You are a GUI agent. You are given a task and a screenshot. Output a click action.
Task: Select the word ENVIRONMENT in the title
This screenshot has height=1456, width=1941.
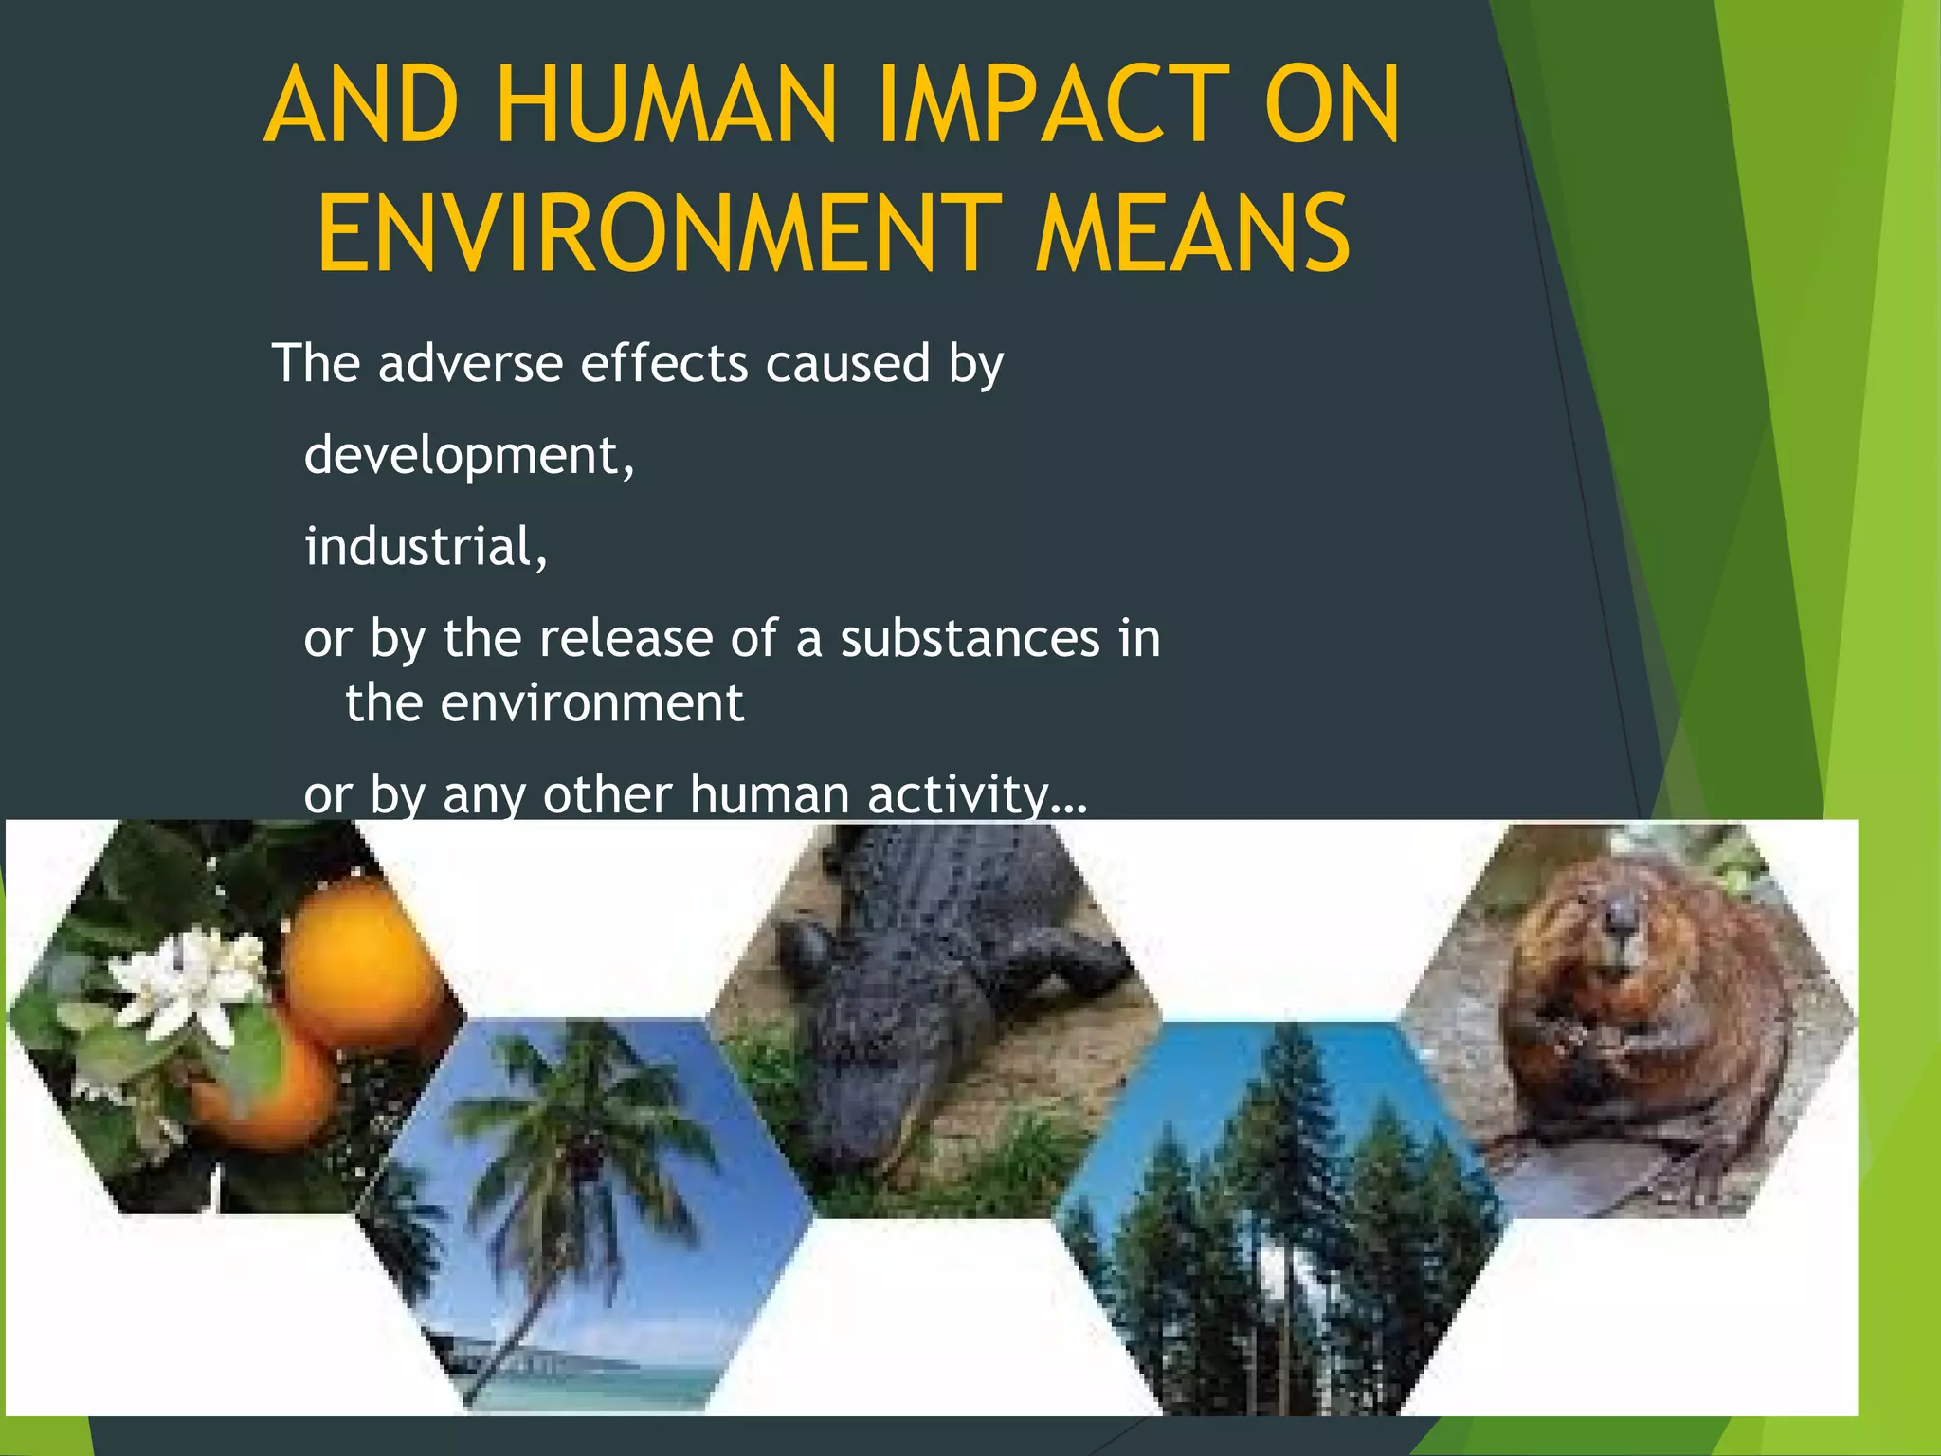[x=659, y=233]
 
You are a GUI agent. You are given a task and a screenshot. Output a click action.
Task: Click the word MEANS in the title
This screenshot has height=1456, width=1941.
[x=1192, y=233]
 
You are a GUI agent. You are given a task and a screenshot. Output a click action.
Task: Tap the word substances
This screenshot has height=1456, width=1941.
[x=970, y=638]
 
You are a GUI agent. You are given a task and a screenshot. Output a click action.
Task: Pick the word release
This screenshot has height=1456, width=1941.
[x=626, y=638]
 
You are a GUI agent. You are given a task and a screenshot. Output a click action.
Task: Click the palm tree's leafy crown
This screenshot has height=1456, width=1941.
[x=578, y=1109]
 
